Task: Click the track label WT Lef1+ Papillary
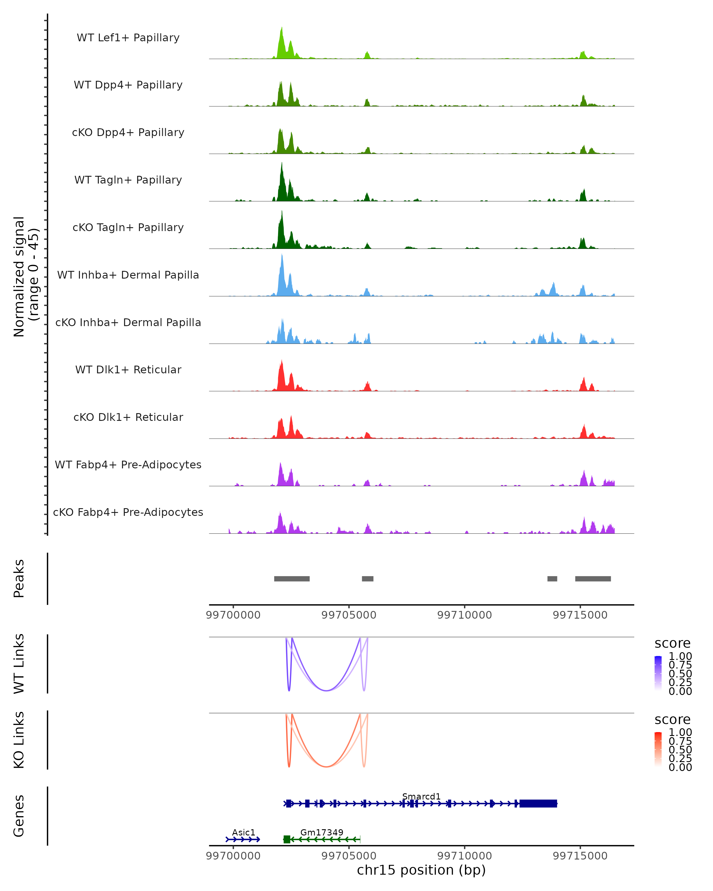pyautogui.click(x=128, y=38)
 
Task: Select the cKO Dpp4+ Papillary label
pyautogui.click(x=128, y=133)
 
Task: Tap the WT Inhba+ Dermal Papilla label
pyautogui.click(x=128, y=275)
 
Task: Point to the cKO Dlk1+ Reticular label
pyautogui.click(x=128, y=417)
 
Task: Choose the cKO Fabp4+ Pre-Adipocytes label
pyautogui.click(x=128, y=512)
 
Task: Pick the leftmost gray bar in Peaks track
pyautogui.click(x=292, y=579)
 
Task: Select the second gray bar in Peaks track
pyautogui.click(x=367, y=579)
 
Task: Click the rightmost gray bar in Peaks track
pyautogui.click(x=593, y=579)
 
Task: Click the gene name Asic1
pyautogui.click(x=243, y=832)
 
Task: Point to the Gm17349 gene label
pyautogui.click(x=321, y=832)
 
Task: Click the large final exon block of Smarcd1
pyautogui.click(x=538, y=803)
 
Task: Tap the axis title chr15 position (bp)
pyautogui.click(x=421, y=870)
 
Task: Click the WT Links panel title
pyautogui.click(x=19, y=664)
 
